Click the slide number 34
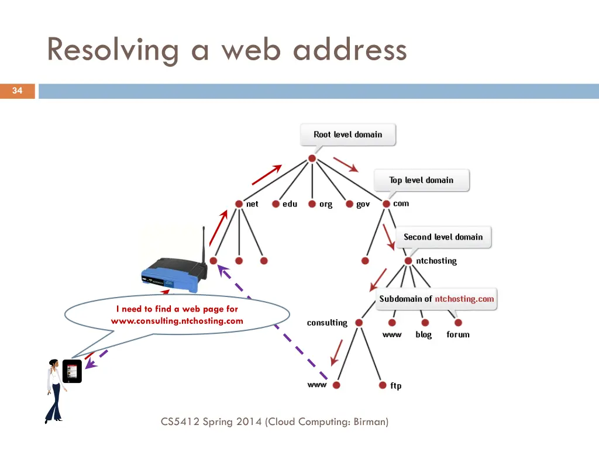coord(17,91)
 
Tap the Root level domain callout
coord(347,134)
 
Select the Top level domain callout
coord(421,180)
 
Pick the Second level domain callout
coord(443,237)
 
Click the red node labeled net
coord(239,204)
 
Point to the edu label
coord(290,204)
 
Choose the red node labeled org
coord(312,204)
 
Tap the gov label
coord(363,204)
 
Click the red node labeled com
coord(386,204)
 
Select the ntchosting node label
coord(436,261)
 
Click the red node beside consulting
coord(359,323)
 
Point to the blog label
coord(424,335)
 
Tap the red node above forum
coord(458,323)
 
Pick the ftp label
coord(396,386)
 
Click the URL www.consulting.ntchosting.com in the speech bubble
coord(177,321)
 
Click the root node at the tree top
coord(312,158)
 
